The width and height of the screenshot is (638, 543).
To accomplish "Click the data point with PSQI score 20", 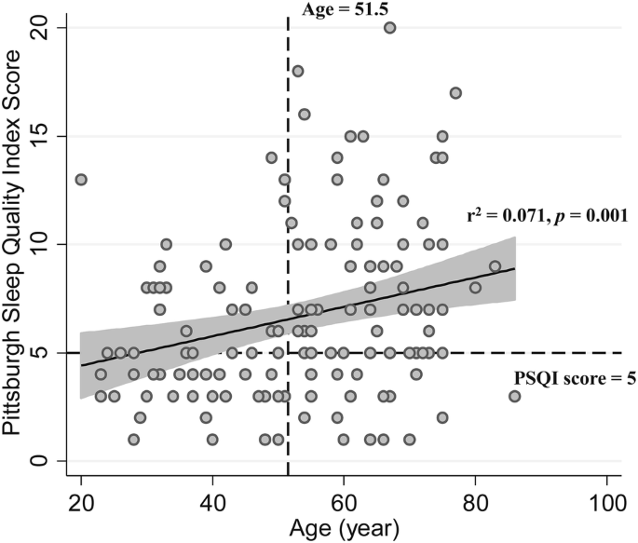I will click(390, 28).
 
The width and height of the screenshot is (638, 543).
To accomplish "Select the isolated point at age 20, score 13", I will click(81, 179).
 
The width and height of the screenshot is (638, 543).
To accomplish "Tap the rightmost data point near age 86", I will click(515, 396).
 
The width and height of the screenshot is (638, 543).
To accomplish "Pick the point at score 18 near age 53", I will click(298, 71).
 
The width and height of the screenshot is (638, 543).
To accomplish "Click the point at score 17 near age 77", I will click(455, 93).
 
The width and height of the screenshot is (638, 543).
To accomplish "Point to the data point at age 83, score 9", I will click(495, 265).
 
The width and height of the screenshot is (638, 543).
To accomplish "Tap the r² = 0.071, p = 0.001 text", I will click(546, 215).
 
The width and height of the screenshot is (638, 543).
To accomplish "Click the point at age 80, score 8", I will click(475, 288).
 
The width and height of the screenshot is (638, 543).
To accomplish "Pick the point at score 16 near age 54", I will click(305, 114).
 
